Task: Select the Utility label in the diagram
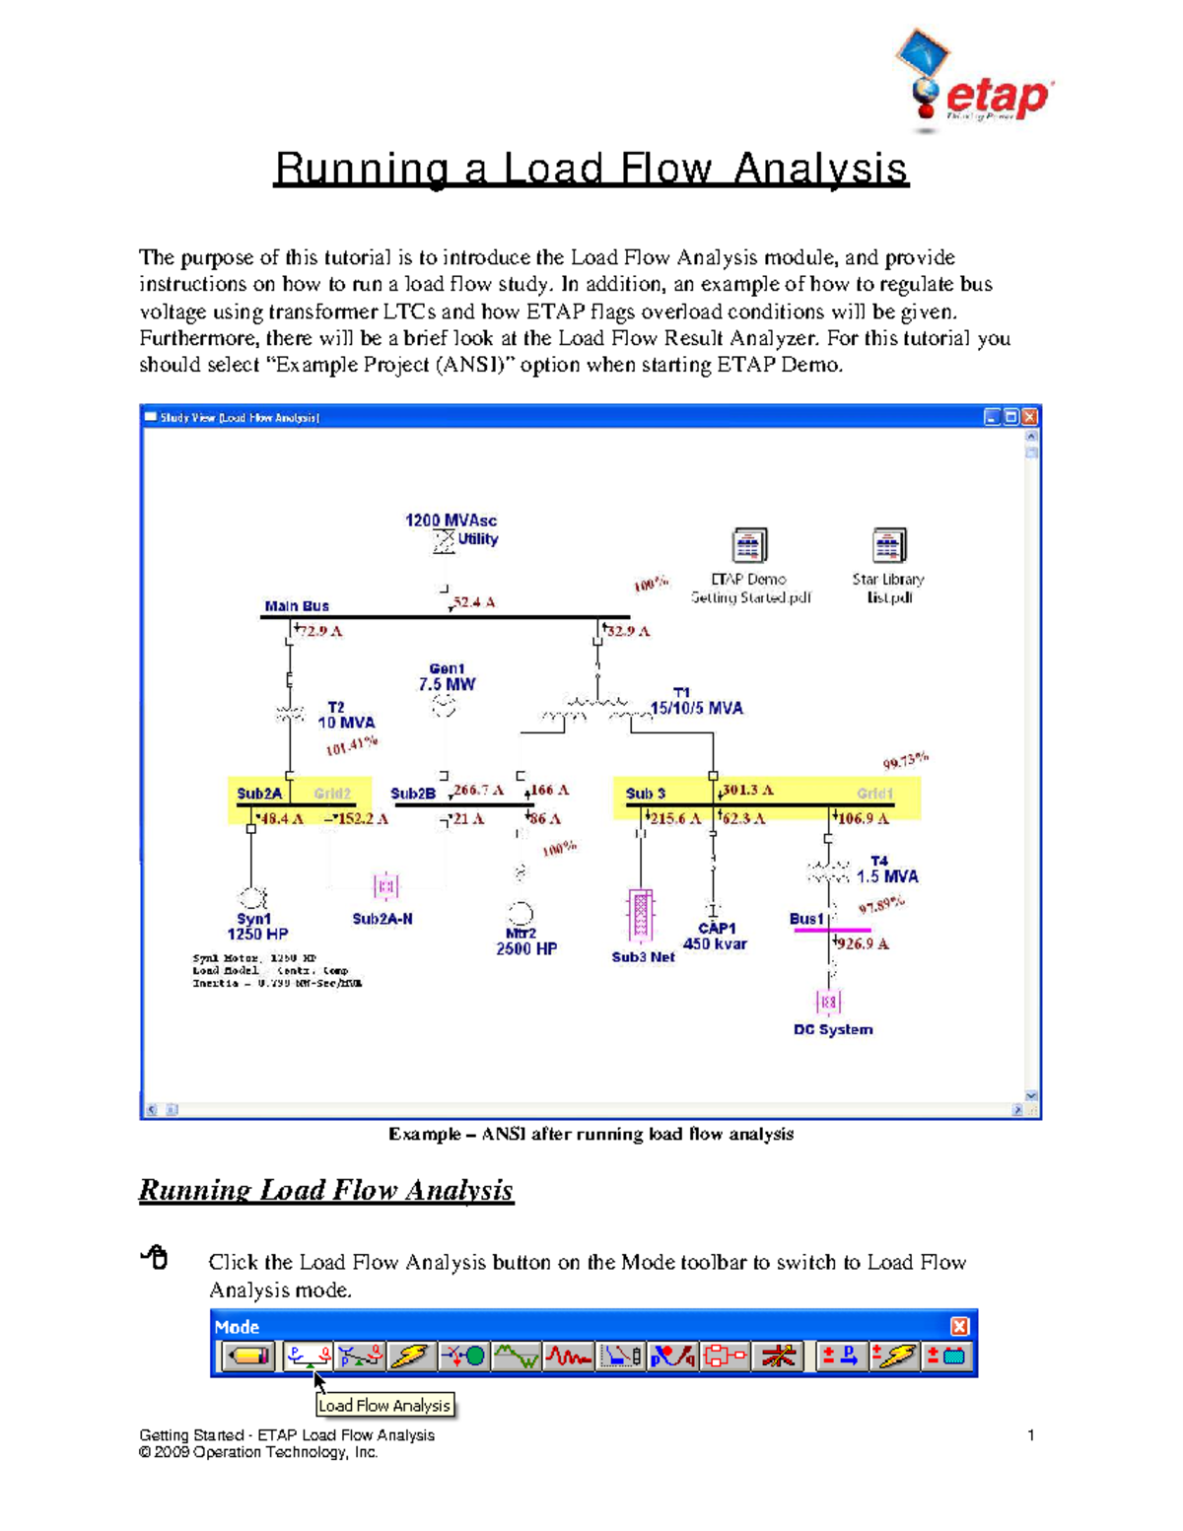[x=477, y=539]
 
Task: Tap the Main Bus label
[x=296, y=605]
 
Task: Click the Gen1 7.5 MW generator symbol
[x=445, y=706]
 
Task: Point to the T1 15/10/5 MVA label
[x=695, y=701]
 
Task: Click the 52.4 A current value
[x=474, y=601]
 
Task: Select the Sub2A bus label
[x=258, y=793]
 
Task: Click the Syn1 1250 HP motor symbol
[x=253, y=898]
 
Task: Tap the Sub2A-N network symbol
[x=385, y=886]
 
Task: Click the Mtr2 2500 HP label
[x=524, y=941]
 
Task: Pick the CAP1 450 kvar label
[x=715, y=936]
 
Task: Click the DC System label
[x=833, y=1029]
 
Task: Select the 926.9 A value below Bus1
[x=863, y=943]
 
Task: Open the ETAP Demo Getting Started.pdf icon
[x=749, y=545]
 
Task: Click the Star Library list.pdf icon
[x=888, y=545]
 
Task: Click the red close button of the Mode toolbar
[x=959, y=1326]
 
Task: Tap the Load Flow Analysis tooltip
[x=384, y=1405]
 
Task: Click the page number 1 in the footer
[x=1030, y=1435]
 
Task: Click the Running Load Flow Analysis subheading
[x=325, y=1190]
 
